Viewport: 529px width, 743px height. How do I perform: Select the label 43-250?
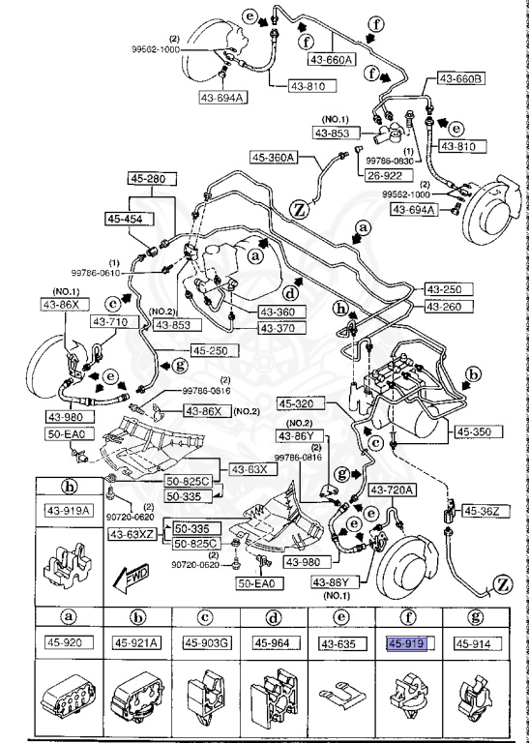[x=448, y=290]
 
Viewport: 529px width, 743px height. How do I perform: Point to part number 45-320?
[x=300, y=403]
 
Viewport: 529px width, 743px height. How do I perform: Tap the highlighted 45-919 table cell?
[x=407, y=641]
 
